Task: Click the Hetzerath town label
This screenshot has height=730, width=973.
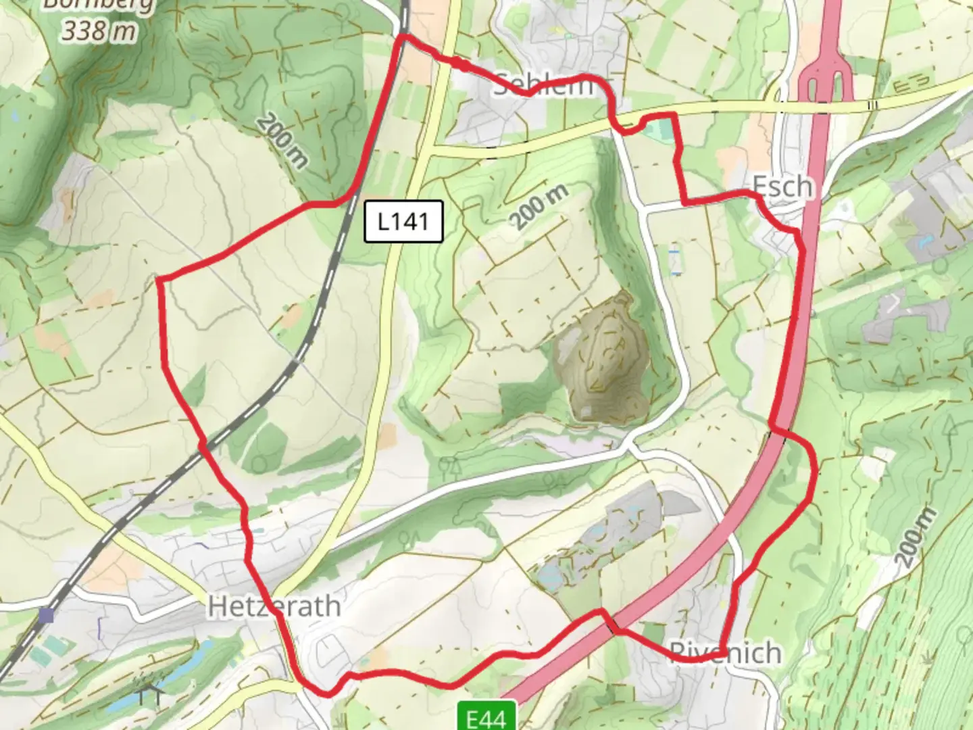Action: pos(274,606)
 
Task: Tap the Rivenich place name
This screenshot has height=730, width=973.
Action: pos(726,653)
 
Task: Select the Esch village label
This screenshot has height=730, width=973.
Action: pos(782,186)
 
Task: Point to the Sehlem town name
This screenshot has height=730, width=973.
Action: pos(544,85)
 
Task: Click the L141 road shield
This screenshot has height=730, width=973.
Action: pos(403,221)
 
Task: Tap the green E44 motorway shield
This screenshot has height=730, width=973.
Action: pos(487,716)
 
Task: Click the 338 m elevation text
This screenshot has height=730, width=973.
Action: pos(99,30)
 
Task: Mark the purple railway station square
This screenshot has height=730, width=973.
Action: pos(46,615)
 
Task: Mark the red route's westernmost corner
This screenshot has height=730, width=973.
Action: pos(160,278)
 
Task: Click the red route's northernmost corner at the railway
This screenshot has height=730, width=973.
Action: pos(403,39)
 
